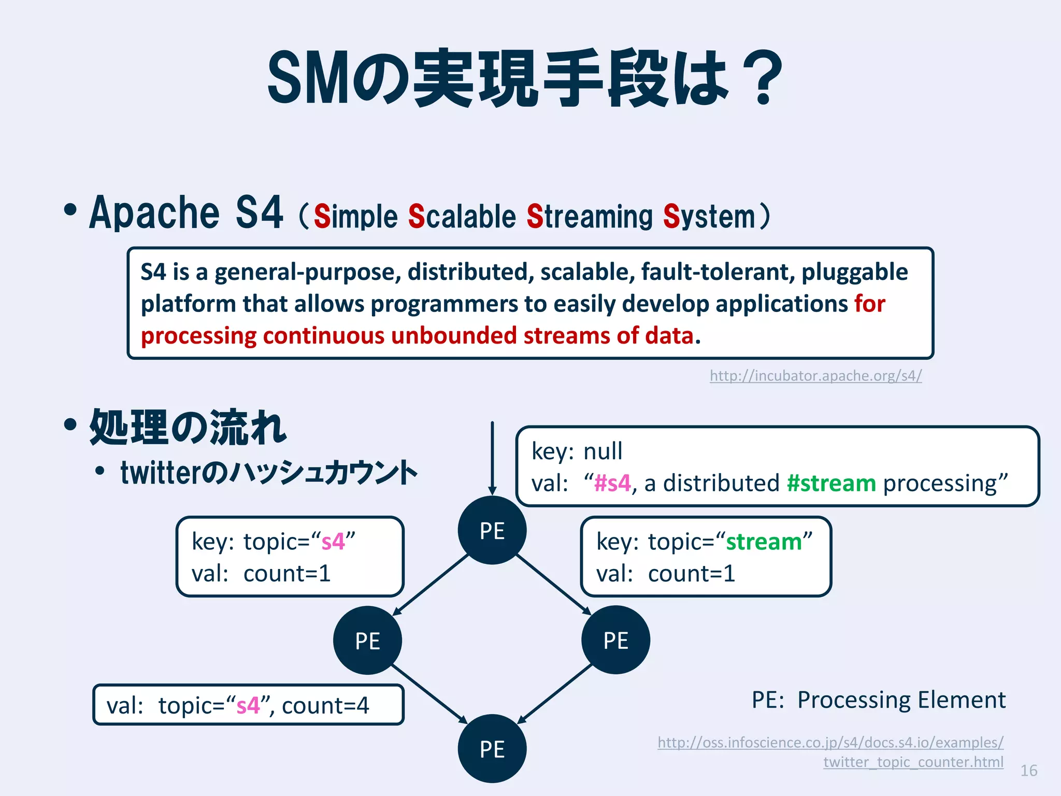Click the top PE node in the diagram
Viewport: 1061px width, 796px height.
(492, 530)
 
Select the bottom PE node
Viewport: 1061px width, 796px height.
(492, 748)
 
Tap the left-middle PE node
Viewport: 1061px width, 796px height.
(367, 640)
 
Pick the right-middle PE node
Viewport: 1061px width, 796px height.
(615, 640)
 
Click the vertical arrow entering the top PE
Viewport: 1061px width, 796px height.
(492, 456)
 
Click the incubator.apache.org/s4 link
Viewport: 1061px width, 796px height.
(815, 375)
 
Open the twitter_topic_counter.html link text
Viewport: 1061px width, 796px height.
(913, 762)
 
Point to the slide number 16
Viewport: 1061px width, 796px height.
(1029, 771)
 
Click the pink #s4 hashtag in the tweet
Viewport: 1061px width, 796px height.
(612, 483)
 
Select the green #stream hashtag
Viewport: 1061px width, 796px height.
(831, 483)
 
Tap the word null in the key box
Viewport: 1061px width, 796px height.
(603, 451)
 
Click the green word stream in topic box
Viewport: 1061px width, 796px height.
(764, 542)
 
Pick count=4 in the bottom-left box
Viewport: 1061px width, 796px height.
(325, 705)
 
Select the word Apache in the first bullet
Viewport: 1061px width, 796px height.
(154, 212)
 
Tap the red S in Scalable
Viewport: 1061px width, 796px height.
(417, 216)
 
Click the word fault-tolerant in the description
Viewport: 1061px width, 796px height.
(717, 272)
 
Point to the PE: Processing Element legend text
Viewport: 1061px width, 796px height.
(879, 700)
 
